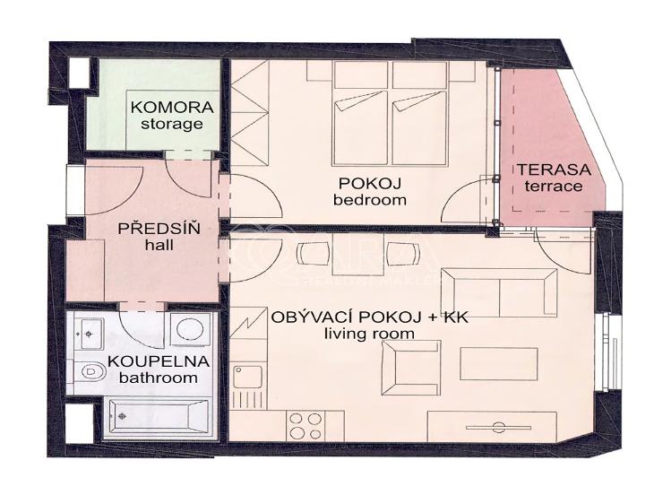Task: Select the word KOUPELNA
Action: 159,361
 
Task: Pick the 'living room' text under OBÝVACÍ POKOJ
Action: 370,334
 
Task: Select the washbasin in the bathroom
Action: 89,334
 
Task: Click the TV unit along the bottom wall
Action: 499,425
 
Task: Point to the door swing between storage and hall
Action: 191,176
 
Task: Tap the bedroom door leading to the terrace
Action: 471,199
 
